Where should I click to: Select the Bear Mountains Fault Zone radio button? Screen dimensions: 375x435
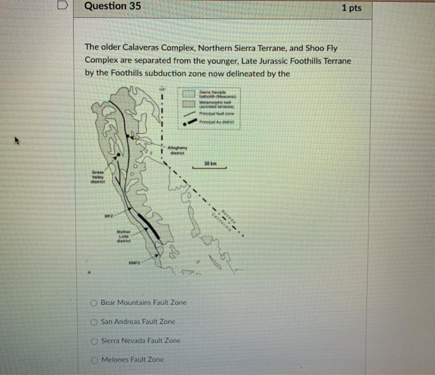click(92, 302)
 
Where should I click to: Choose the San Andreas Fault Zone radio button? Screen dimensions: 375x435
click(92, 322)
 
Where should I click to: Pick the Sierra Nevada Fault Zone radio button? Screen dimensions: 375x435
click(92, 341)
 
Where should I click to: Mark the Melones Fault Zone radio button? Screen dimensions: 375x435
click(92, 359)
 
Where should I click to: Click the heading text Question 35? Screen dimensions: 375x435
click(112, 7)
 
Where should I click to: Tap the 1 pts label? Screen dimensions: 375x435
click(351, 8)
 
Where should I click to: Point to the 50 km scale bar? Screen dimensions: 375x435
click(213, 166)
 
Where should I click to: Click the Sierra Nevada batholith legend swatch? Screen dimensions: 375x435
click(189, 93)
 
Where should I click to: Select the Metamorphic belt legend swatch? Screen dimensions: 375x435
click(189, 104)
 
